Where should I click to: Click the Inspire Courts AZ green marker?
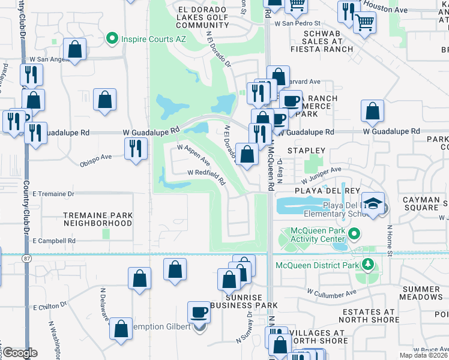click(112, 40)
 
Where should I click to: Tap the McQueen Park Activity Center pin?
click(354, 233)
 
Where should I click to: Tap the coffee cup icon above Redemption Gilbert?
click(199, 313)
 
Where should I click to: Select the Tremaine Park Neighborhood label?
click(98, 218)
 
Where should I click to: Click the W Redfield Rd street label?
click(205, 176)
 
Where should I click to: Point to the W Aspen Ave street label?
click(193, 154)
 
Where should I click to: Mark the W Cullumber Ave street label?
click(331, 293)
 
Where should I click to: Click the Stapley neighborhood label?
click(306, 151)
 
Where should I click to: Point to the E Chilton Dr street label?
click(54, 307)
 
